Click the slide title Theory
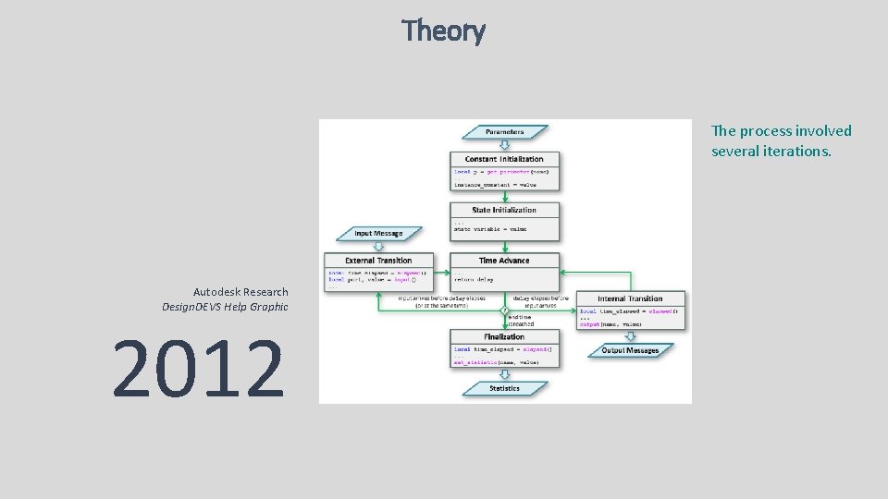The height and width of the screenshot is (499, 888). click(x=443, y=31)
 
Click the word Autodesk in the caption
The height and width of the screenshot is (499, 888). click(x=216, y=292)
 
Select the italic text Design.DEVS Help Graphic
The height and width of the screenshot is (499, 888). click(x=225, y=307)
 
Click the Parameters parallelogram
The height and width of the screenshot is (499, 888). click(x=505, y=132)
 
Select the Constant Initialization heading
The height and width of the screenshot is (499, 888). click(x=505, y=159)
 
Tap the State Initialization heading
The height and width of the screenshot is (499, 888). click(x=505, y=211)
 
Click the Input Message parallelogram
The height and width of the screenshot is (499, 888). click(x=379, y=234)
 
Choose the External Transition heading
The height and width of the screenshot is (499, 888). click(x=379, y=261)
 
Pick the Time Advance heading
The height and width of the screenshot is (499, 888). click(x=505, y=261)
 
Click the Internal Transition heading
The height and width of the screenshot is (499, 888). click(x=631, y=298)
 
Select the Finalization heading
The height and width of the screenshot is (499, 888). click(x=505, y=337)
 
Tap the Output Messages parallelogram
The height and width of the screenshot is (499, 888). click(x=631, y=351)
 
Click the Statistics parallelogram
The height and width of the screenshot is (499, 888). click(x=505, y=389)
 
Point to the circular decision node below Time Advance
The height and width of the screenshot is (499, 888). click(x=505, y=310)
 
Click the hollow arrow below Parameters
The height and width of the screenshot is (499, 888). click(x=505, y=145)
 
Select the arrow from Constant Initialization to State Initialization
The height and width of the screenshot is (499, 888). click(x=505, y=197)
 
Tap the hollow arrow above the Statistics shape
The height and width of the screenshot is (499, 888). click(x=505, y=375)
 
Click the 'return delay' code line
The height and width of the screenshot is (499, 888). click(x=475, y=278)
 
